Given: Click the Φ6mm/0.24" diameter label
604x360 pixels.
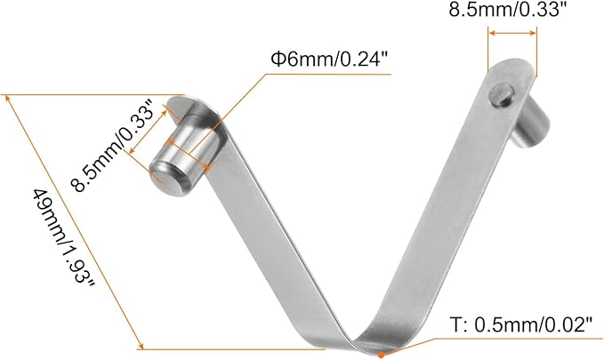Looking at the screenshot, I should [x=329, y=60].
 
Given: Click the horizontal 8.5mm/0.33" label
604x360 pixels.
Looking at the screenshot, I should [x=510, y=12].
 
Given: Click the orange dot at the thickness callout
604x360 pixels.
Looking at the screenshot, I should [x=380, y=355].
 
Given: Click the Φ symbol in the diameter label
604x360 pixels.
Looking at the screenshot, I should [x=277, y=60].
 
